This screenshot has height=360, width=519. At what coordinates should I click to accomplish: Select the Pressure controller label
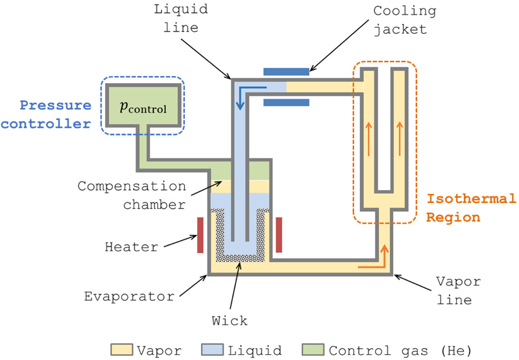[55, 114]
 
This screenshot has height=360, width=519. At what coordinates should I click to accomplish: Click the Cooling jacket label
[405, 20]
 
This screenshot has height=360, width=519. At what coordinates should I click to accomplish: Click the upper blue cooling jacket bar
[286, 71]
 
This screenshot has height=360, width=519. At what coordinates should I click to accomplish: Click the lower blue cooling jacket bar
[286, 102]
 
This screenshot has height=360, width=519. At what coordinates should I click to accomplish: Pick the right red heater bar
[279, 234]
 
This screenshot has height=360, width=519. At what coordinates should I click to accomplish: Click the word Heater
[132, 247]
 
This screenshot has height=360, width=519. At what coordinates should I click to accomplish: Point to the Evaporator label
[130, 296]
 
